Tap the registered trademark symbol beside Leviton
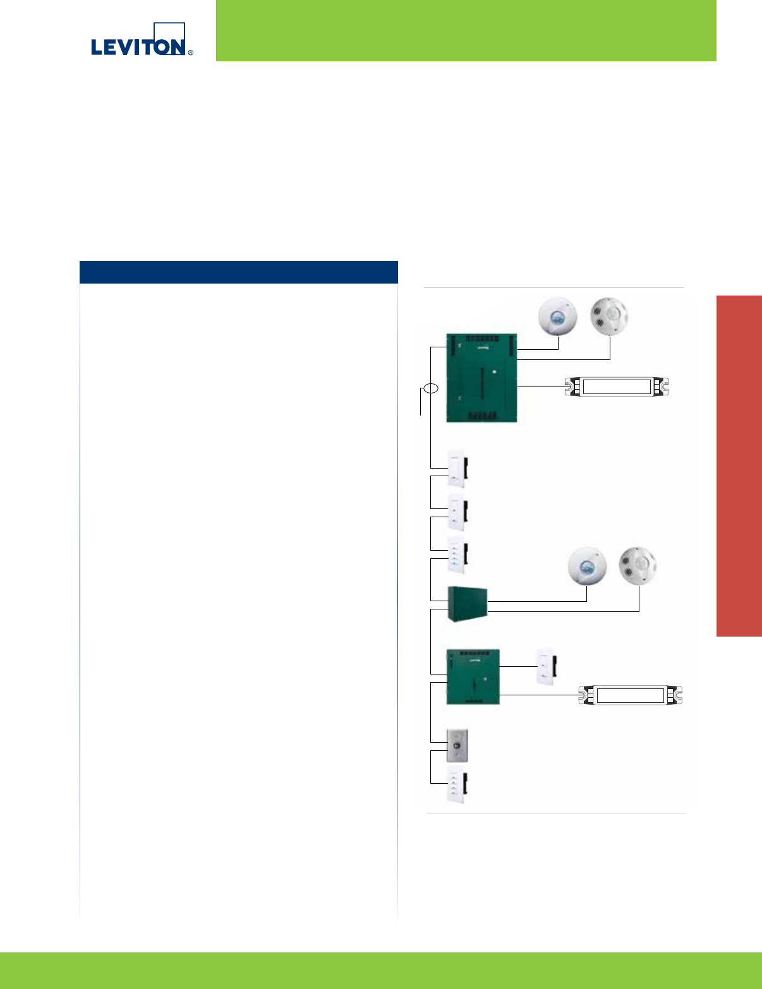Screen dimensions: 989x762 [x=190, y=52]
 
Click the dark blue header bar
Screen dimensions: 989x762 [x=238, y=272]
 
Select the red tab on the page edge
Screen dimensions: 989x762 [x=739, y=466]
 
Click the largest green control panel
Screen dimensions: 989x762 [x=481, y=378]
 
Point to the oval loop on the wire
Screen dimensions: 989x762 [x=430, y=388]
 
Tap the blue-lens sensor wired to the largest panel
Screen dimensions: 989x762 [x=558, y=317]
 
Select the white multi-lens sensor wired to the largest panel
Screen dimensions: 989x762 [x=610, y=316]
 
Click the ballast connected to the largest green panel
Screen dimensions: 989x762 [x=616, y=387]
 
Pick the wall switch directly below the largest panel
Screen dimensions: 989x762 [x=457, y=469]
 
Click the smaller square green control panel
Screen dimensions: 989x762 [x=473, y=676]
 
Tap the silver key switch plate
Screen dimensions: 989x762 [x=457, y=746]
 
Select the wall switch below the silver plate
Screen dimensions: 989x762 [x=456, y=787]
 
